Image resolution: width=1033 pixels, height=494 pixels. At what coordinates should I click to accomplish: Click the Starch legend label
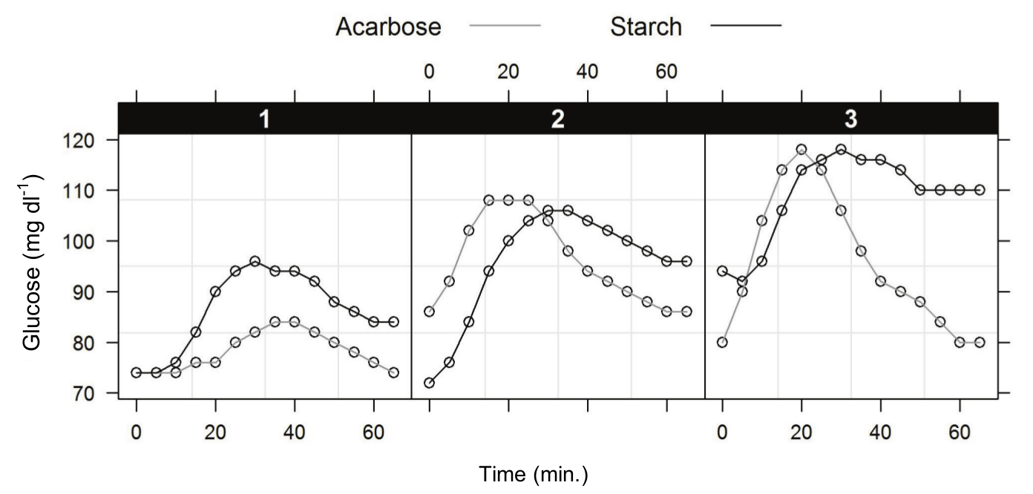pyautogui.click(x=645, y=27)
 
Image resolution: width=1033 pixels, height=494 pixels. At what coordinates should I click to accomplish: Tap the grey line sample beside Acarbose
pyautogui.click(x=505, y=27)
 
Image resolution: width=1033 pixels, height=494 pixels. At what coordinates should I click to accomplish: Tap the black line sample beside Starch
pyautogui.click(x=746, y=27)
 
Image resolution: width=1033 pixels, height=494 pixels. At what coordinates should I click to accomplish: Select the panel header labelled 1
pyautogui.click(x=264, y=120)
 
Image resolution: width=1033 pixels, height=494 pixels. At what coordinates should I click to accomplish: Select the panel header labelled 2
pyautogui.click(x=557, y=120)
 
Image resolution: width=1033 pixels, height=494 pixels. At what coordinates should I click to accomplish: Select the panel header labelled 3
pyautogui.click(x=851, y=120)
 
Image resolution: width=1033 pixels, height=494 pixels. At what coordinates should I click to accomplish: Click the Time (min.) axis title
pyautogui.click(x=534, y=474)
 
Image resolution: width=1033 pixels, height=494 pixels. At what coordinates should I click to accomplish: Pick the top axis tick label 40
pyautogui.click(x=587, y=73)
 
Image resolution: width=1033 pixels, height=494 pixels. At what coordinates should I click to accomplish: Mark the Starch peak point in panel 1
pyautogui.click(x=255, y=261)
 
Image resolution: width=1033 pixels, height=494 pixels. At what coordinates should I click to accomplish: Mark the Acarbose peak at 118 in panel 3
pyautogui.click(x=801, y=150)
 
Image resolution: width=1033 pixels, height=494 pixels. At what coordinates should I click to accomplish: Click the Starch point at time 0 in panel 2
pyautogui.click(x=429, y=383)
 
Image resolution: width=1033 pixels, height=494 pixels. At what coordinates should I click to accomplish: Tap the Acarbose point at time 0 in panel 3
pyautogui.click(x=722, y=343)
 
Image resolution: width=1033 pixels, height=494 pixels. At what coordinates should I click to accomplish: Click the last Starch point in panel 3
pyautogui.click(x=980, y=190)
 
